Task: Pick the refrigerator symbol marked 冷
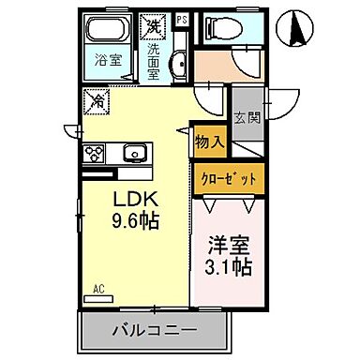click(97, 100)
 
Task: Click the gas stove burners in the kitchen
click(95, 152)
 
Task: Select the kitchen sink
click(133, 152)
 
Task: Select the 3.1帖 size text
click(228, 266)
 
